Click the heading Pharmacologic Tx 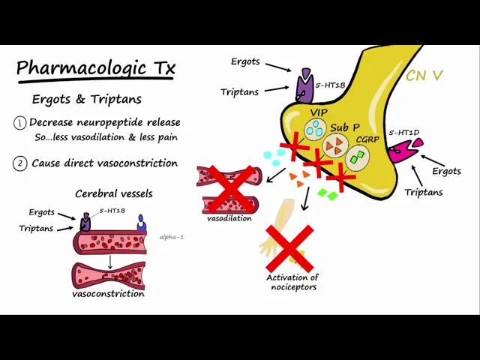[x=96, y=69]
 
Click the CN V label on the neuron [x=424, y=76]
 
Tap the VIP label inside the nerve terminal [x=319, y=112]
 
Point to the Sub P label [x=344, y=127]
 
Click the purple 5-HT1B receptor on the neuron [x=305, y=86]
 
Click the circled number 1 [x=20, y=123]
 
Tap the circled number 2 [x=20, y=163]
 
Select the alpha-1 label [x=172, y=237]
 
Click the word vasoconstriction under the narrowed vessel [x=108, y=294]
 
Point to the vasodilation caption [x=229, y=218]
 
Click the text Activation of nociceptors [x=292, y=282]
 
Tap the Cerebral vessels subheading [x=113, y=193]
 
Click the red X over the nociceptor [x=289, y=248]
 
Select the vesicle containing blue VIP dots [x=316, y=128]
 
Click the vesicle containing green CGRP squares [x=357, y=156]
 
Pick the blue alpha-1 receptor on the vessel [x=140, y=223]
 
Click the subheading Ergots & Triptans [x=87, y=100]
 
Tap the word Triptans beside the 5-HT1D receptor [x=424, y=192]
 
